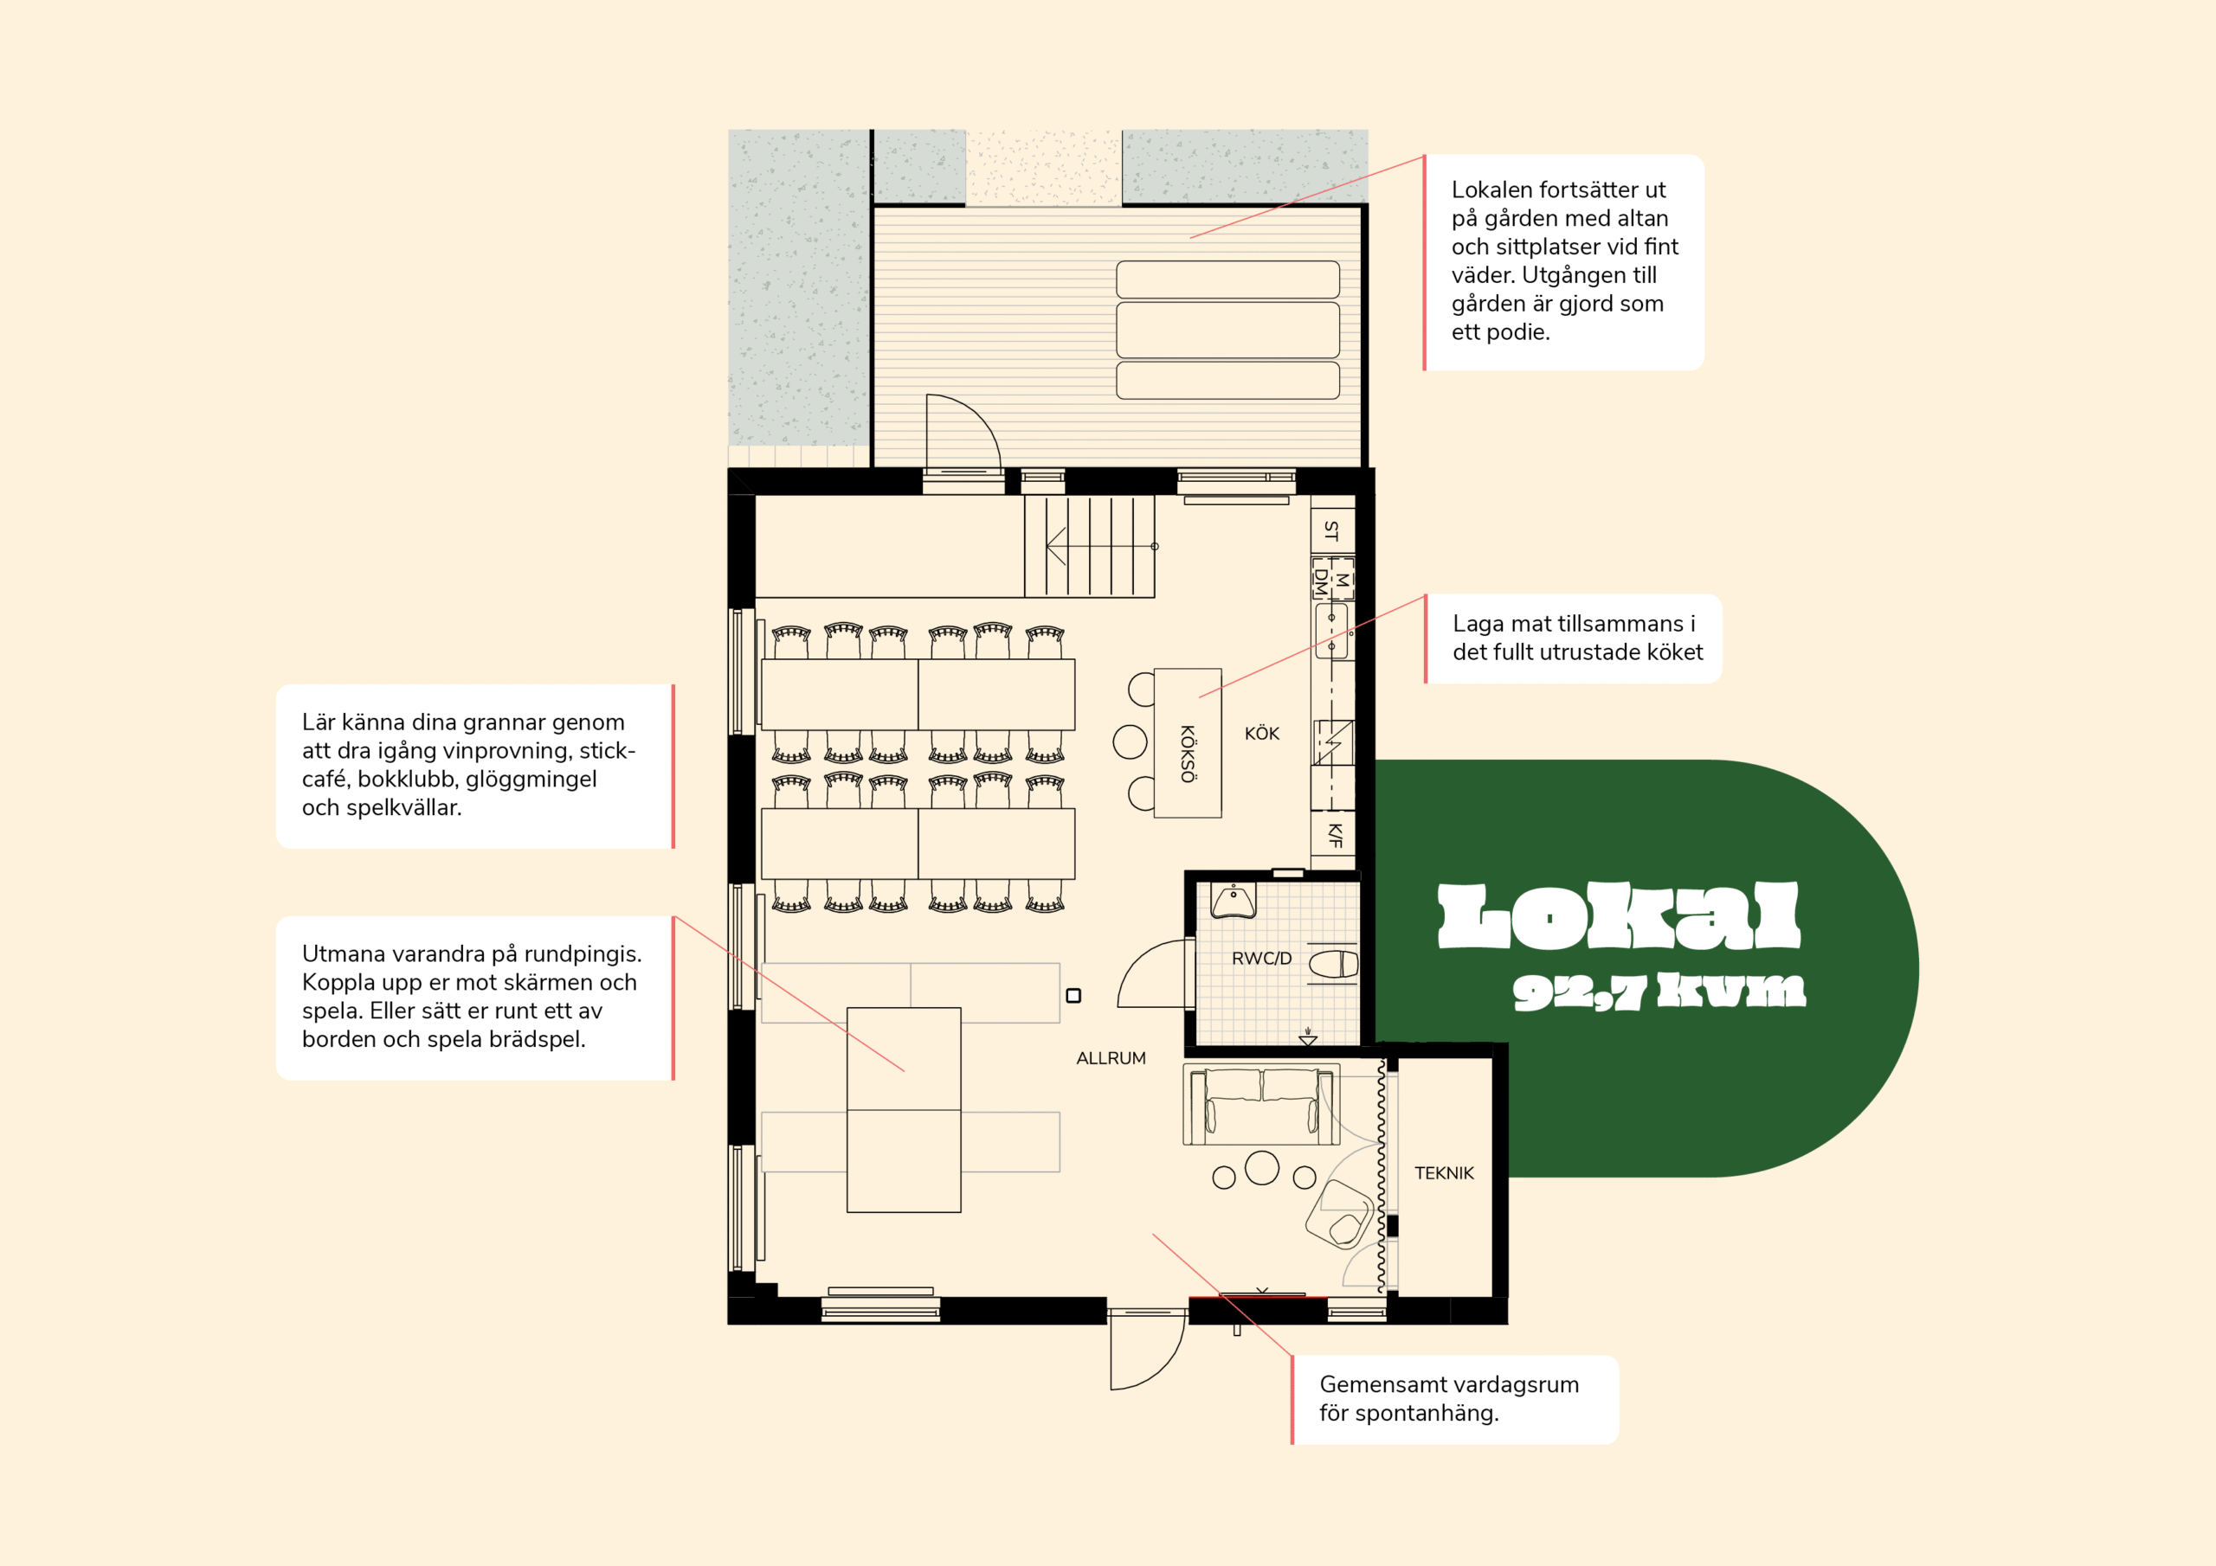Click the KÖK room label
coord(1261,734)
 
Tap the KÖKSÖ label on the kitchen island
coord(1189,754)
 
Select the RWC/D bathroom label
coord(1261,958)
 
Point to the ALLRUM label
coord(1111,1058)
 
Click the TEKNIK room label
coord(1444,1173)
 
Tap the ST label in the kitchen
coord(1332,530)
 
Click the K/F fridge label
coord(1335,835)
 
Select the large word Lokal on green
coord(1619,915)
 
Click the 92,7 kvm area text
coord(1659,991)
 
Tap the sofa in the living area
coord(1261,1104)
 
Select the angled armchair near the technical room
coord(1338,1214)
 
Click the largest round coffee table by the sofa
coord(1261,1167)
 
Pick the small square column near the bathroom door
coord(1073,996)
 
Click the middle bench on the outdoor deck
coord(1227,330)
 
